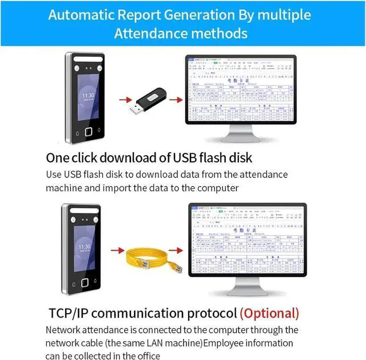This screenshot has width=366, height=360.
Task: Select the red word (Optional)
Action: [269, 313]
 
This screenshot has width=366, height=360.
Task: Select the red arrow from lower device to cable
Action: [117, 250]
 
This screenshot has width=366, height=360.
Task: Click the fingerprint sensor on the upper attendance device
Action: [89, 131]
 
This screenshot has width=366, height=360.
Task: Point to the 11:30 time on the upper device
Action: [88, 96]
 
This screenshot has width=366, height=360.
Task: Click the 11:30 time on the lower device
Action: [84, 247]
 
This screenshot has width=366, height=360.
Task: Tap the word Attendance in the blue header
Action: [149, 33]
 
